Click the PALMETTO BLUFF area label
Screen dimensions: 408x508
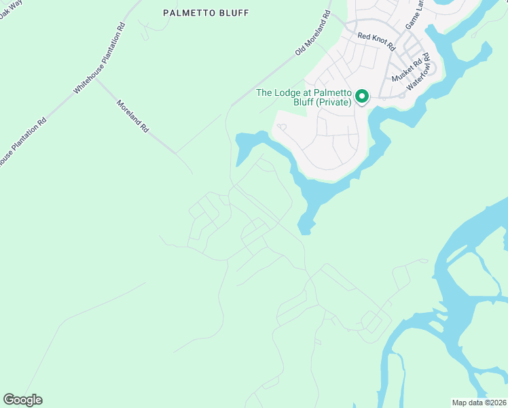point(206,13)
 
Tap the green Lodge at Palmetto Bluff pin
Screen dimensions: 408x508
point(362,97)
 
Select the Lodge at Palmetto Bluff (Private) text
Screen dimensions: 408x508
point(304,98)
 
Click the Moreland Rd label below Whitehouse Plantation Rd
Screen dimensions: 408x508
point(132,116)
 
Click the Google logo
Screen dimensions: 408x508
point(22,400)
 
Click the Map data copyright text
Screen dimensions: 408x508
point(479,403)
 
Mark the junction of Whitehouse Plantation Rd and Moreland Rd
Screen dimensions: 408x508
point(95,78)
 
